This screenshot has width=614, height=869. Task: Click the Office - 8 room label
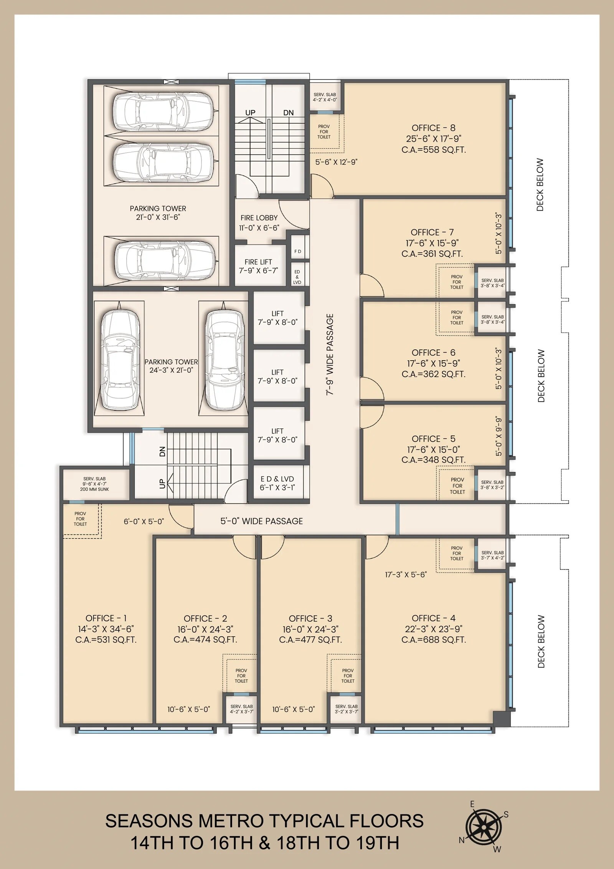434,128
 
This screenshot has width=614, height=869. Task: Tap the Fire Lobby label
259,218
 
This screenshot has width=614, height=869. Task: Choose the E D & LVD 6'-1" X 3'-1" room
277,483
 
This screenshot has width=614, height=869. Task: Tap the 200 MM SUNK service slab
94,484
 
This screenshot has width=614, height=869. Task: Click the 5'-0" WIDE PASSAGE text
261,521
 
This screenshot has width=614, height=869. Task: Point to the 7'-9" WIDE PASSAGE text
330,355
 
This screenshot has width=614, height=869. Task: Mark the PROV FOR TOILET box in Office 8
324,132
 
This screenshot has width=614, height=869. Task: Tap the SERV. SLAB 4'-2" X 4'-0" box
325,97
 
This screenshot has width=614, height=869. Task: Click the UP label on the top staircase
250,113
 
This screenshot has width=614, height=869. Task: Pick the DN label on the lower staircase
162,452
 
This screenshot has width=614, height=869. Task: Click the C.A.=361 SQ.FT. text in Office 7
432,254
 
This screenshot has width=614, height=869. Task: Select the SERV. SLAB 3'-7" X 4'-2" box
493,555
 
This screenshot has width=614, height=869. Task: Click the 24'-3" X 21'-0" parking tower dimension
171,370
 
